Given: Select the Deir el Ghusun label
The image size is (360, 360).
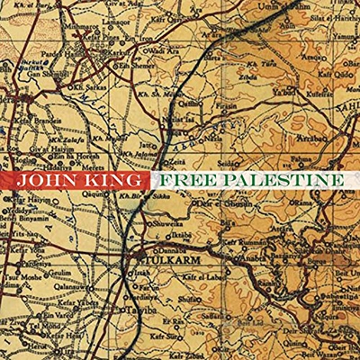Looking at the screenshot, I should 211,208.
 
